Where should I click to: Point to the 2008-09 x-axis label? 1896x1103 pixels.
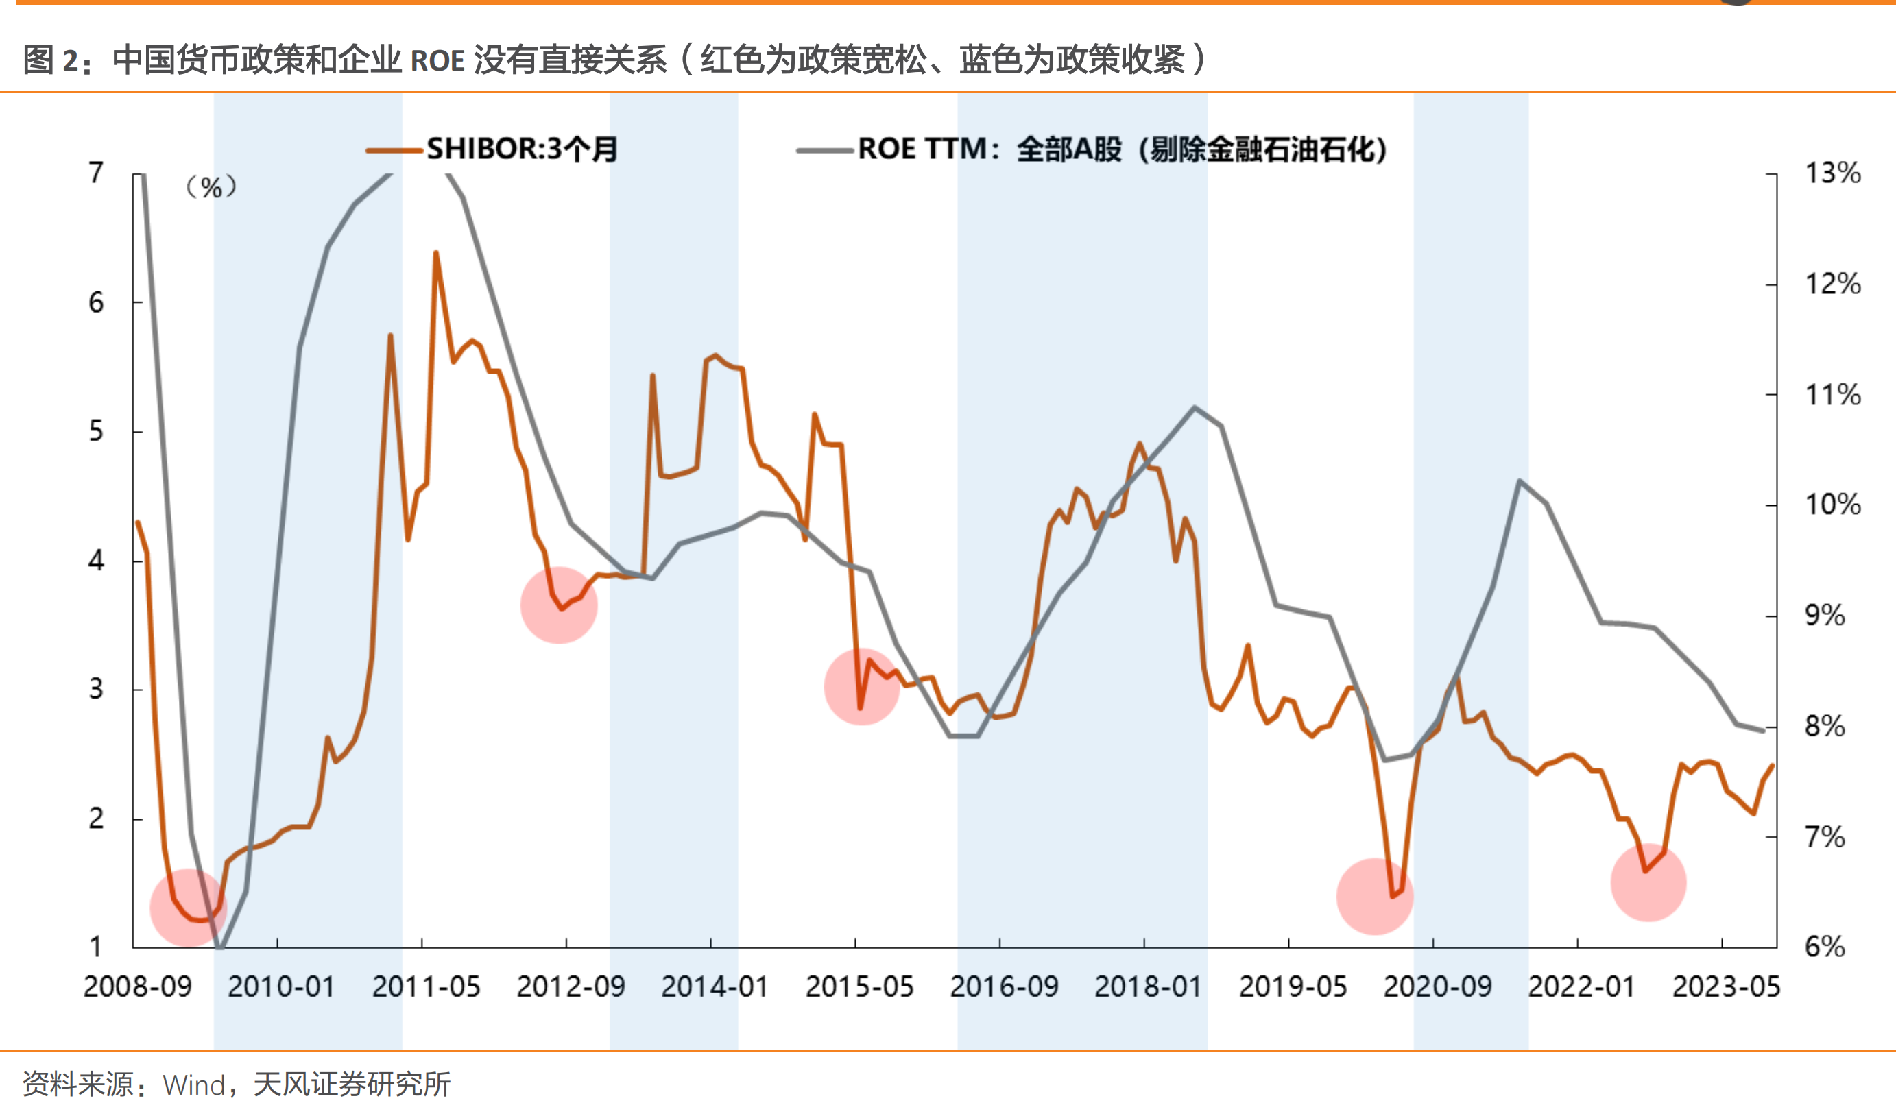138,986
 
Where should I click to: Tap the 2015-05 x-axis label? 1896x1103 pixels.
859,986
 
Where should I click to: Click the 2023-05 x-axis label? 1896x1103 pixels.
1726,986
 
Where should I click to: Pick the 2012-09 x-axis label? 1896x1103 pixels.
571,986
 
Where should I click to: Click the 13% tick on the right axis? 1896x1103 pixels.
1833,173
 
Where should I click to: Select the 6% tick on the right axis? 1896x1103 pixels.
1825,947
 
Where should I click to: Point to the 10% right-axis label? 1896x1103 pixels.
1833,504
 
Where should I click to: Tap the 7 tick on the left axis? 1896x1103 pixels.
95,173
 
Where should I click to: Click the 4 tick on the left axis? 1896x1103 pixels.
95,561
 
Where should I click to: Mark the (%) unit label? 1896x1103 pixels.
211,186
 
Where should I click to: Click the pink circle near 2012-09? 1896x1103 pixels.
559,605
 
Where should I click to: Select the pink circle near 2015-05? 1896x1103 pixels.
861,686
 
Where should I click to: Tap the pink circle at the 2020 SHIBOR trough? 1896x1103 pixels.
1375,896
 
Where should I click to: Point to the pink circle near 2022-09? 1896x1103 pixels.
1648,882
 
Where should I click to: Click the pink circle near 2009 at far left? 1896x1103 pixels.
188,908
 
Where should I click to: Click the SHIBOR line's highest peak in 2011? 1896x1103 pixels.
435,254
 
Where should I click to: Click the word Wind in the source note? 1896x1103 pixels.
193,1085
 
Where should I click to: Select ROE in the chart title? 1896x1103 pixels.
437,60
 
